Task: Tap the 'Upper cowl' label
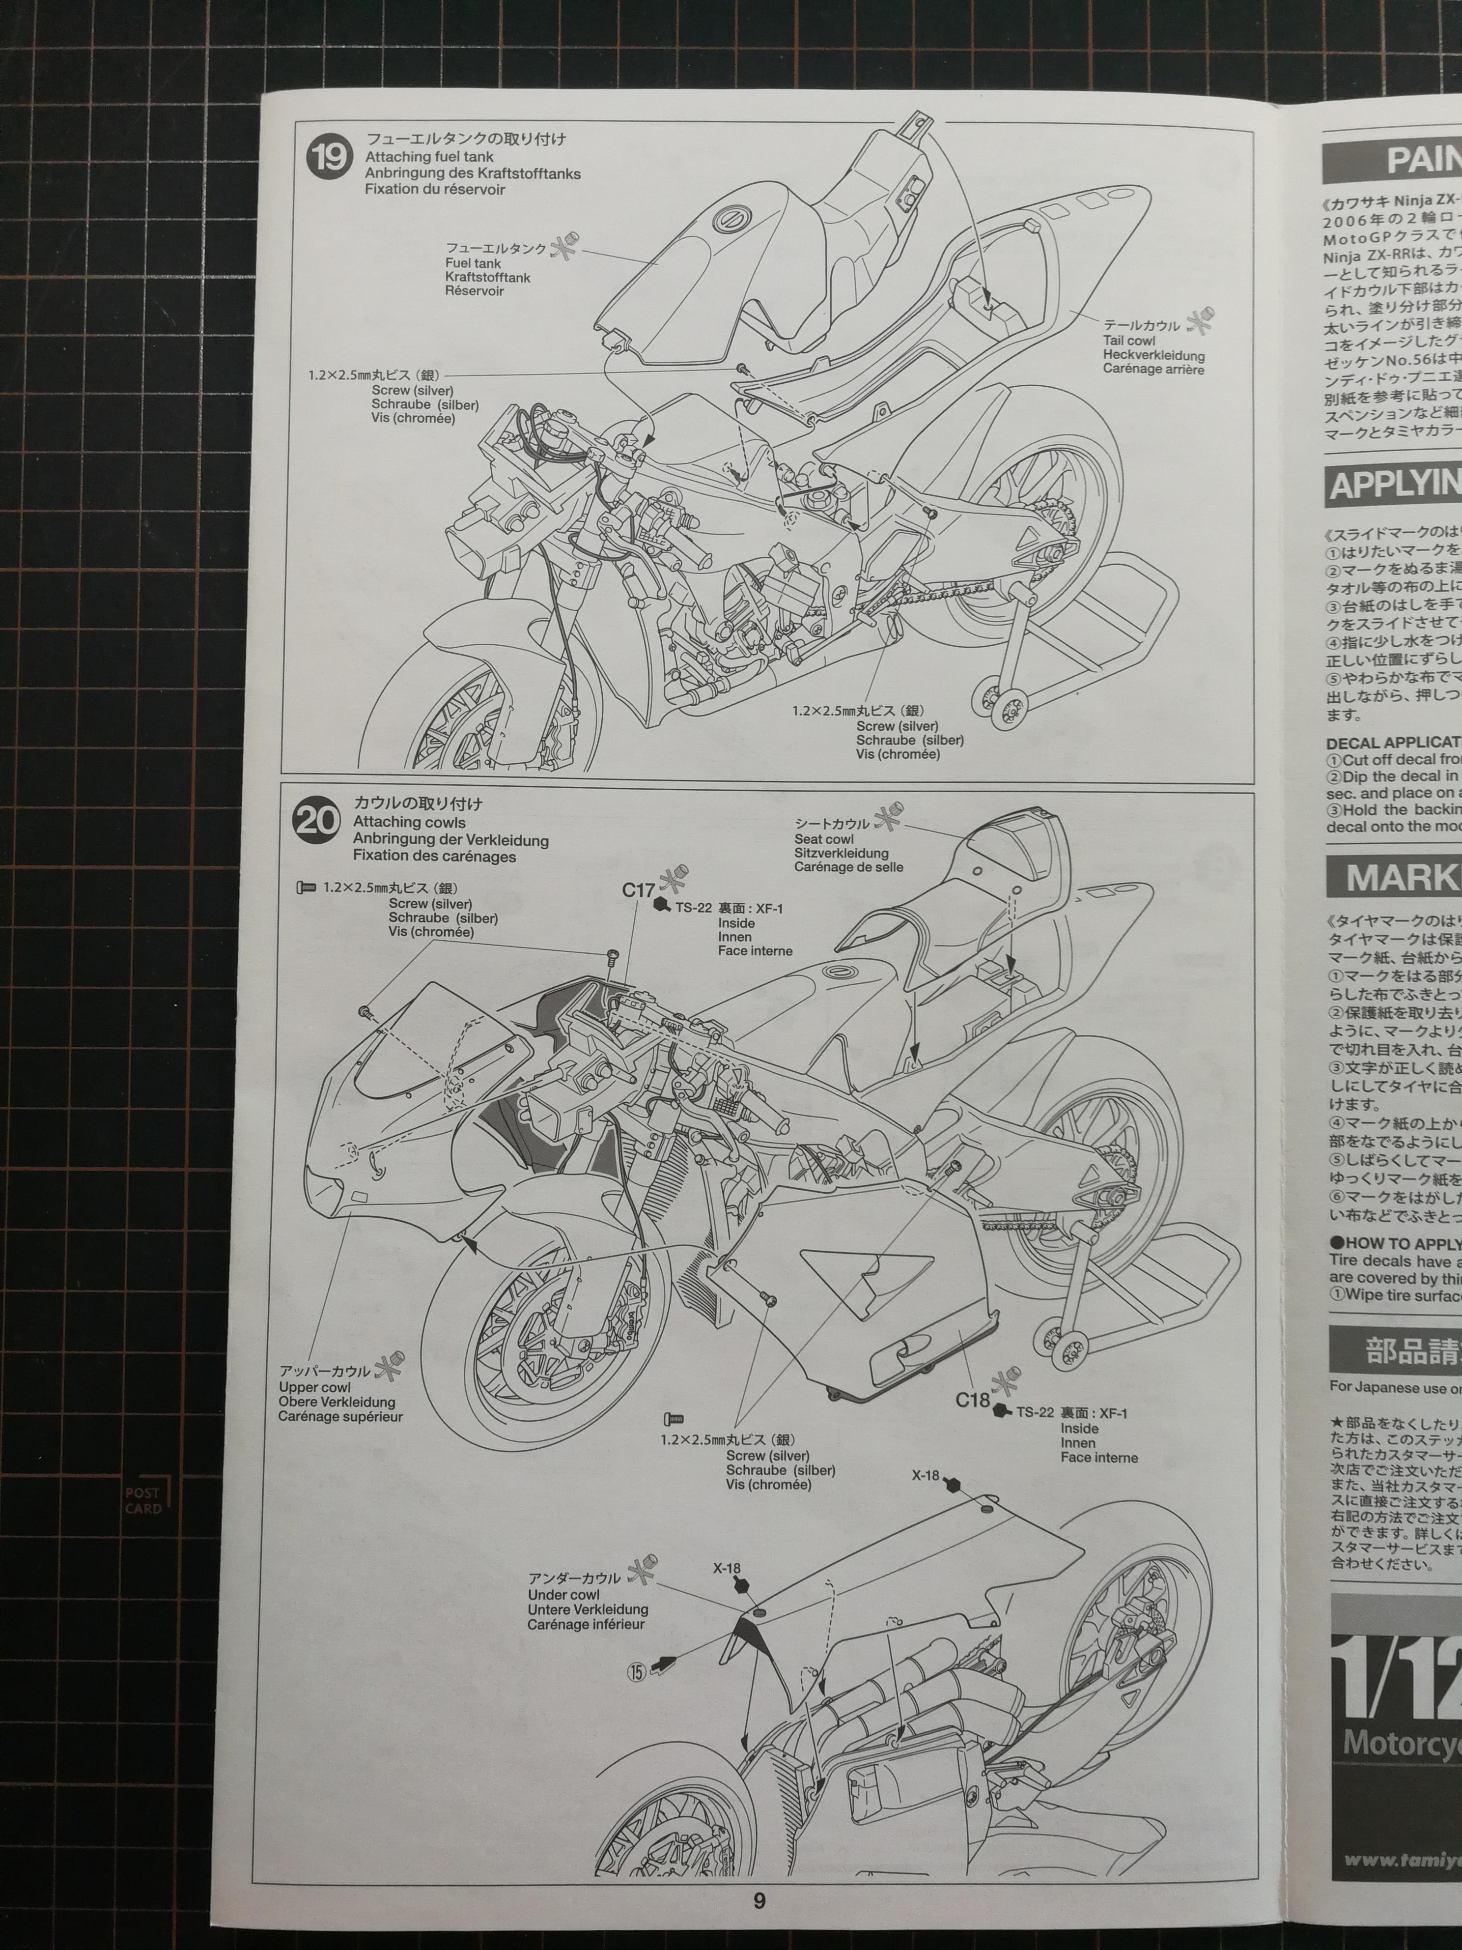click(314, 1388)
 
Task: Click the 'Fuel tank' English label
click(473, 263)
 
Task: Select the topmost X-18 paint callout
click(926, 1499)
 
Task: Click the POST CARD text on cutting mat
click(143, 1500)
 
